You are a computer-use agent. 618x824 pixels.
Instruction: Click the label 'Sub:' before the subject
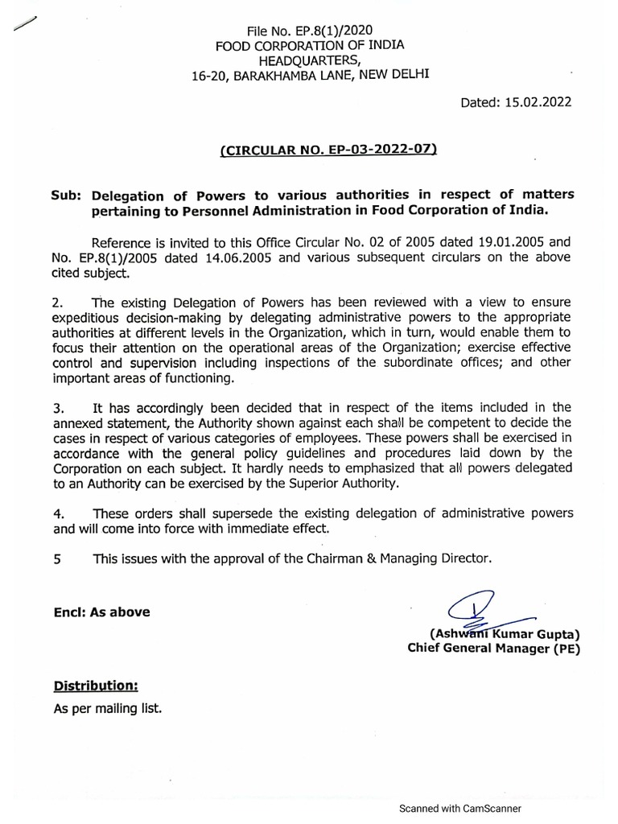click(x=69, y=196)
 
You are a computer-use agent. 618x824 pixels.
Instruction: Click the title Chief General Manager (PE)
click(x=493, y=649)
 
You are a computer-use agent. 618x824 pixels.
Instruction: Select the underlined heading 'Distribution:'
click(x=96, y=686)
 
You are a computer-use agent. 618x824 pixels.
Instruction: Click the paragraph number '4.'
click(x=58, y=513)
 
